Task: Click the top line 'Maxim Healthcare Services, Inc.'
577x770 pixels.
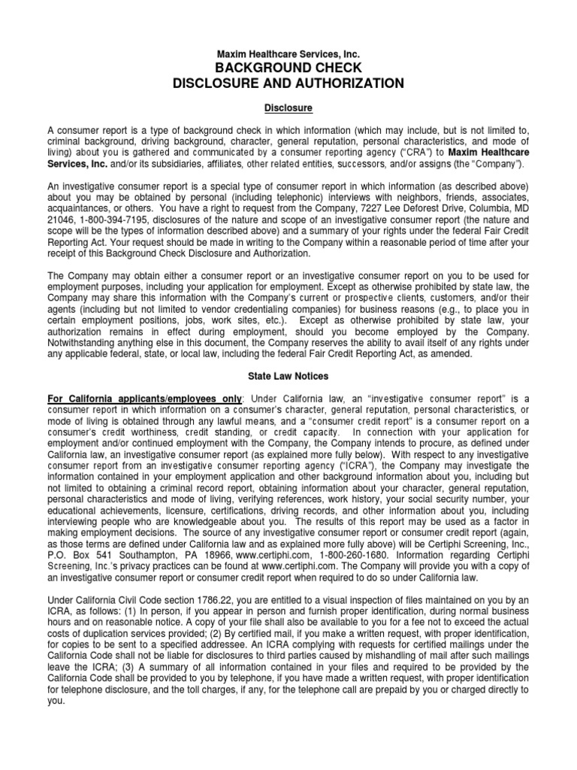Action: coord(288,54)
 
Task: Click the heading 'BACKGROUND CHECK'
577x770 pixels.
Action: coord(288,68)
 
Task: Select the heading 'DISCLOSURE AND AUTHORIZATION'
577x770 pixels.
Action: coord(288,83)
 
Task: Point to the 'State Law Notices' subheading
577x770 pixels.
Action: coord(288,374)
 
